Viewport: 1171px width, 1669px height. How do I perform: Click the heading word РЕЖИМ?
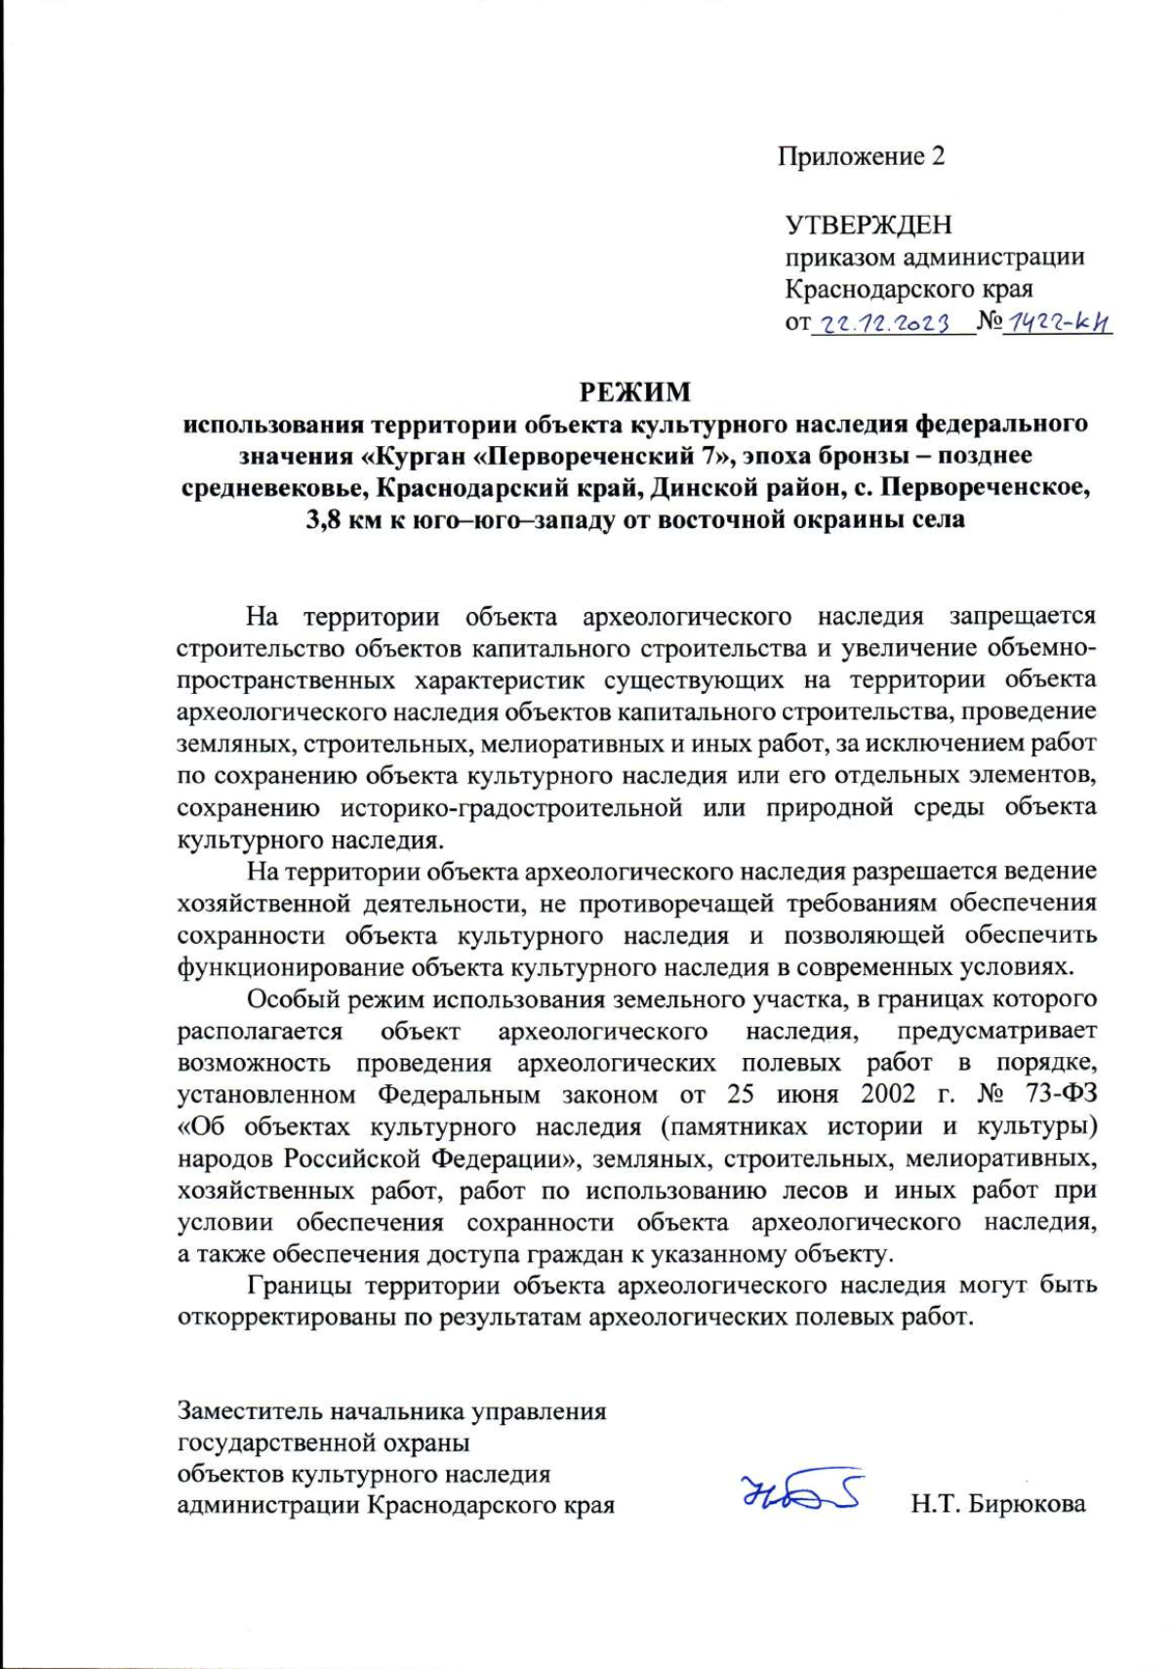coord(635,392)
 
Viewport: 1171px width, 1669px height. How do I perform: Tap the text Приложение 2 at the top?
coord(861,156)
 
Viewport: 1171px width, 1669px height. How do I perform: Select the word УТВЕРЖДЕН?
coord(868,225)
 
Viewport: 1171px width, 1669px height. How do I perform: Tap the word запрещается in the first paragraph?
coord(1023,617)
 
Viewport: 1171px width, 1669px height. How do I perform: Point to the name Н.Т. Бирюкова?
coord(997,1504)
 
